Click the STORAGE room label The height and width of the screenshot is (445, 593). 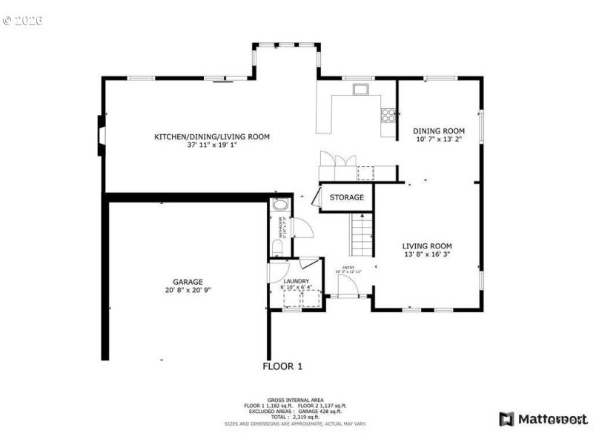pos(347,197)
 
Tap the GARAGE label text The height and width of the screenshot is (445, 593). pos(188,282)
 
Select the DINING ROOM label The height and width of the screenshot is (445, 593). pos(439,131)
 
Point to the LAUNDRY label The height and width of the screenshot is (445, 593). pos(296,281)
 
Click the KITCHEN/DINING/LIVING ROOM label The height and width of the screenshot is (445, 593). pos(211,136)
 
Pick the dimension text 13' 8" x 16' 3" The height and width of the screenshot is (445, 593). pos(428,254)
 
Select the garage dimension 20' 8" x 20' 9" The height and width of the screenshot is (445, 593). pos(188,290)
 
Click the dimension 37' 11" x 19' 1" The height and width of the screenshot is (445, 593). pos(212,145)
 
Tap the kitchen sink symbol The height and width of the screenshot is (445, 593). pos(361,90)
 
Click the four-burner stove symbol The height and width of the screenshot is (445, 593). pos(388,114)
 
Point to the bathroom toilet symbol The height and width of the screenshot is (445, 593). pos(276,247)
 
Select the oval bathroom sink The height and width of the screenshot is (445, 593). pos(281,205)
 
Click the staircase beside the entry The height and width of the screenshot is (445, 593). pos(360,233)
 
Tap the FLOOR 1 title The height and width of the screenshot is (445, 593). pos(283,366)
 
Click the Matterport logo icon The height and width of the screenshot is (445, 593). pos(506,419)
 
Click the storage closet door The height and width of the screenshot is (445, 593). pos(314,197)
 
